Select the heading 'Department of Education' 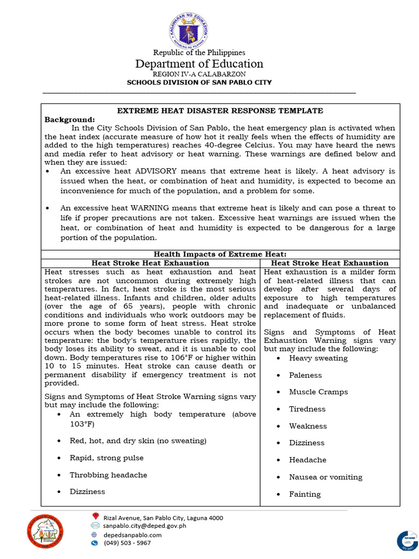tap(199, 64)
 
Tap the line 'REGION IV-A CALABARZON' tap(199, 74)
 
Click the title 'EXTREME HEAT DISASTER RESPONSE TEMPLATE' tap(220, 110)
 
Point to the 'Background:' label tap(69, 119)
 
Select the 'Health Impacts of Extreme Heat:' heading tap(220, 254)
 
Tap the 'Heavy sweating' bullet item tap(318, 358)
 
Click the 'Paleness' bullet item tap(306, 375)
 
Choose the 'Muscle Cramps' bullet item tap(318, 392)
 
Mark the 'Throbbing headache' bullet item tap(108, 475)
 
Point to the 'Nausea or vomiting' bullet tap(326, 477)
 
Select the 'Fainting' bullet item tap(305, 494)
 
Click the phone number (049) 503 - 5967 tap(127, 543)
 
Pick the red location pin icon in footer tap(95, 516)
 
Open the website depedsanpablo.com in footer tap(133, 535)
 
